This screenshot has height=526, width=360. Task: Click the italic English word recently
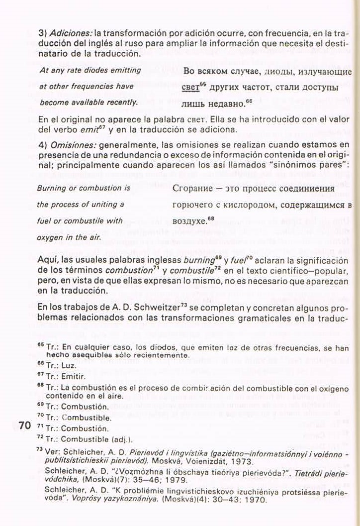coord(122,102)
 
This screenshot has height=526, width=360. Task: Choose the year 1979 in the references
coord(177,480)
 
